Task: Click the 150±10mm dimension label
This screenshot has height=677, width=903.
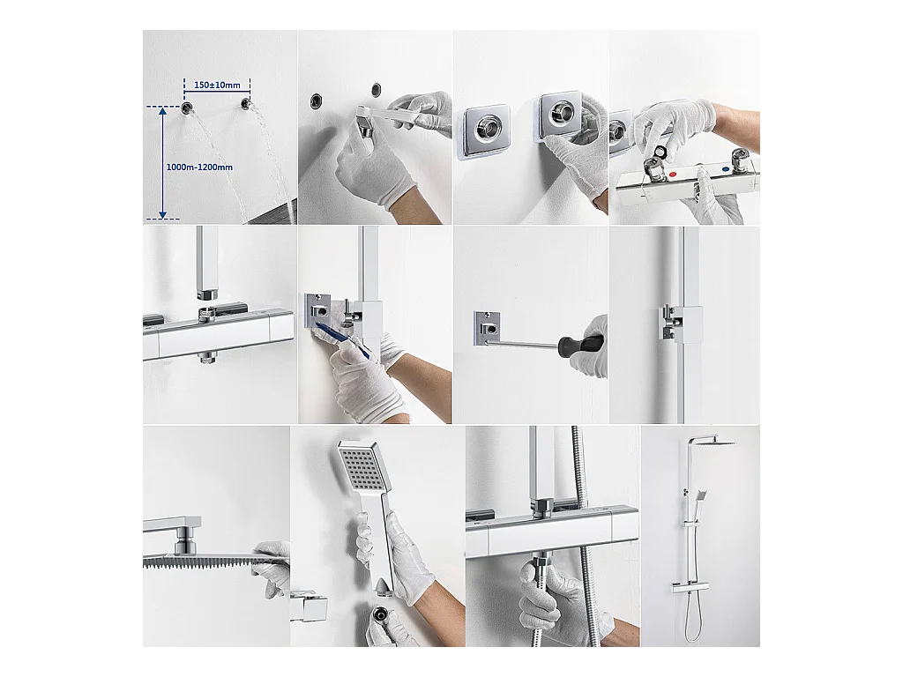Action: (x=217, y=86)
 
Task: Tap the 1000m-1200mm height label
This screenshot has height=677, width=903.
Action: (x=199, y=167)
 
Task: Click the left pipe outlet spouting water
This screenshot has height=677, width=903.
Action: (x=188, y=107)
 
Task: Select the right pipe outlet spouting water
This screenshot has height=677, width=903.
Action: (x=247, y=104)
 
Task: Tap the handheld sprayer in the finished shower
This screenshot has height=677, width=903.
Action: (x=701, y=495)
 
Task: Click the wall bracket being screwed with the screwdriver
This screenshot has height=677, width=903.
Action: (x=486, y=329)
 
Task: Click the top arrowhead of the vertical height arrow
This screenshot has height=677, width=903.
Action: (x=163, y=111)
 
